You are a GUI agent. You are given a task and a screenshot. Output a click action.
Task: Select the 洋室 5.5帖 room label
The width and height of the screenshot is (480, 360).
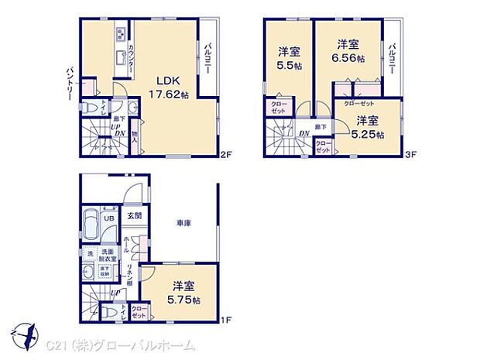point(289,60)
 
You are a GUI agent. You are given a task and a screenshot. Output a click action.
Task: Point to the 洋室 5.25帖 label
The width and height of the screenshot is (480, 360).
point(368,126)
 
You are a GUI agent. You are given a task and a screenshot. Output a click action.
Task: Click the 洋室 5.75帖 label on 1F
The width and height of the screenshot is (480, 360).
point(185,292)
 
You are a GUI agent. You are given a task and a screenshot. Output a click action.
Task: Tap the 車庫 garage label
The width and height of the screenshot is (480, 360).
point(183,224)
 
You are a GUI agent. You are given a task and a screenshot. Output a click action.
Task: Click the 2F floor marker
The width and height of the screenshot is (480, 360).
point(225,155)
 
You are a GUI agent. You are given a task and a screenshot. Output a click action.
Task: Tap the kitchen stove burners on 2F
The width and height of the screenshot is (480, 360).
point(122,34)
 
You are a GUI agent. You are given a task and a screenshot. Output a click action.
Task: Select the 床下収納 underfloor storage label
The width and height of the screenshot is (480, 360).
point(105,270)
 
